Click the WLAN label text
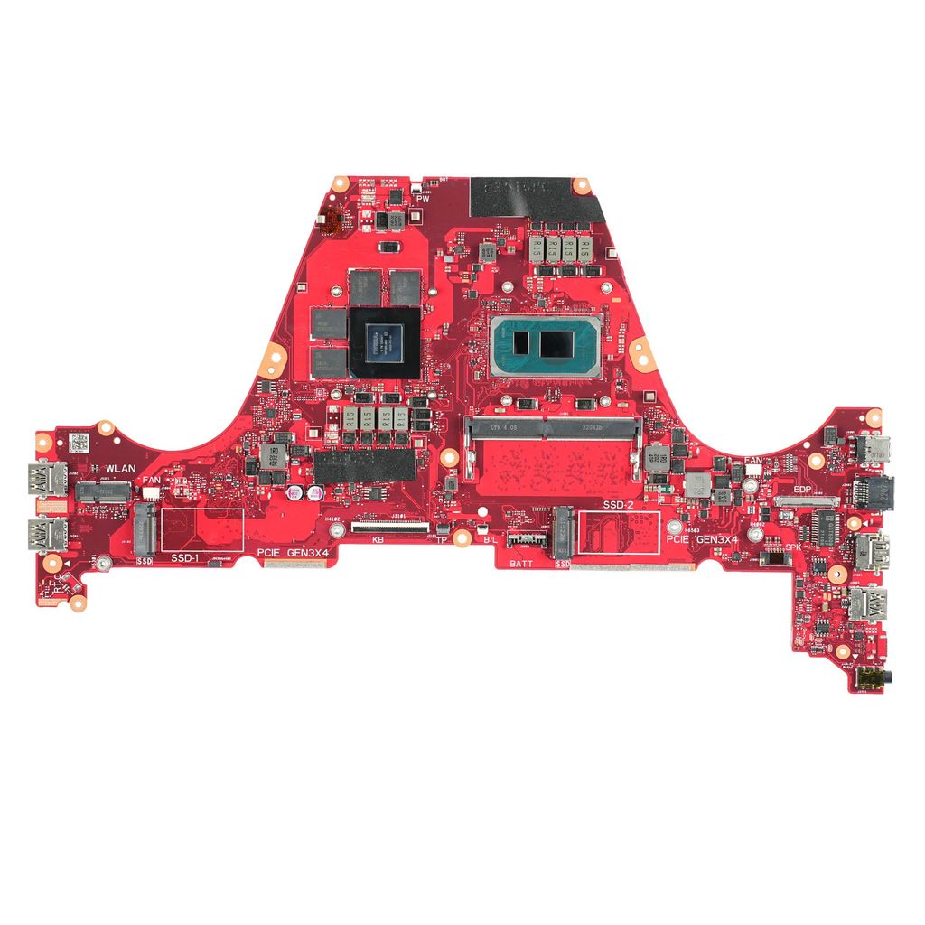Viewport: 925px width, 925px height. point(120,467)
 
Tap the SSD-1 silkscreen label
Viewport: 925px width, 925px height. point(187,559)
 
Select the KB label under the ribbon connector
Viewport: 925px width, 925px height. point(378,539)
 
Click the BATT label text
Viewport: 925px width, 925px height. point(521,563)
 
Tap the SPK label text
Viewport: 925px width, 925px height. point(793,547)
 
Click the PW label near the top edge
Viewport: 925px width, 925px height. point(422,198)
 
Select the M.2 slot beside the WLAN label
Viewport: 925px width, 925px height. point(102,491)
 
